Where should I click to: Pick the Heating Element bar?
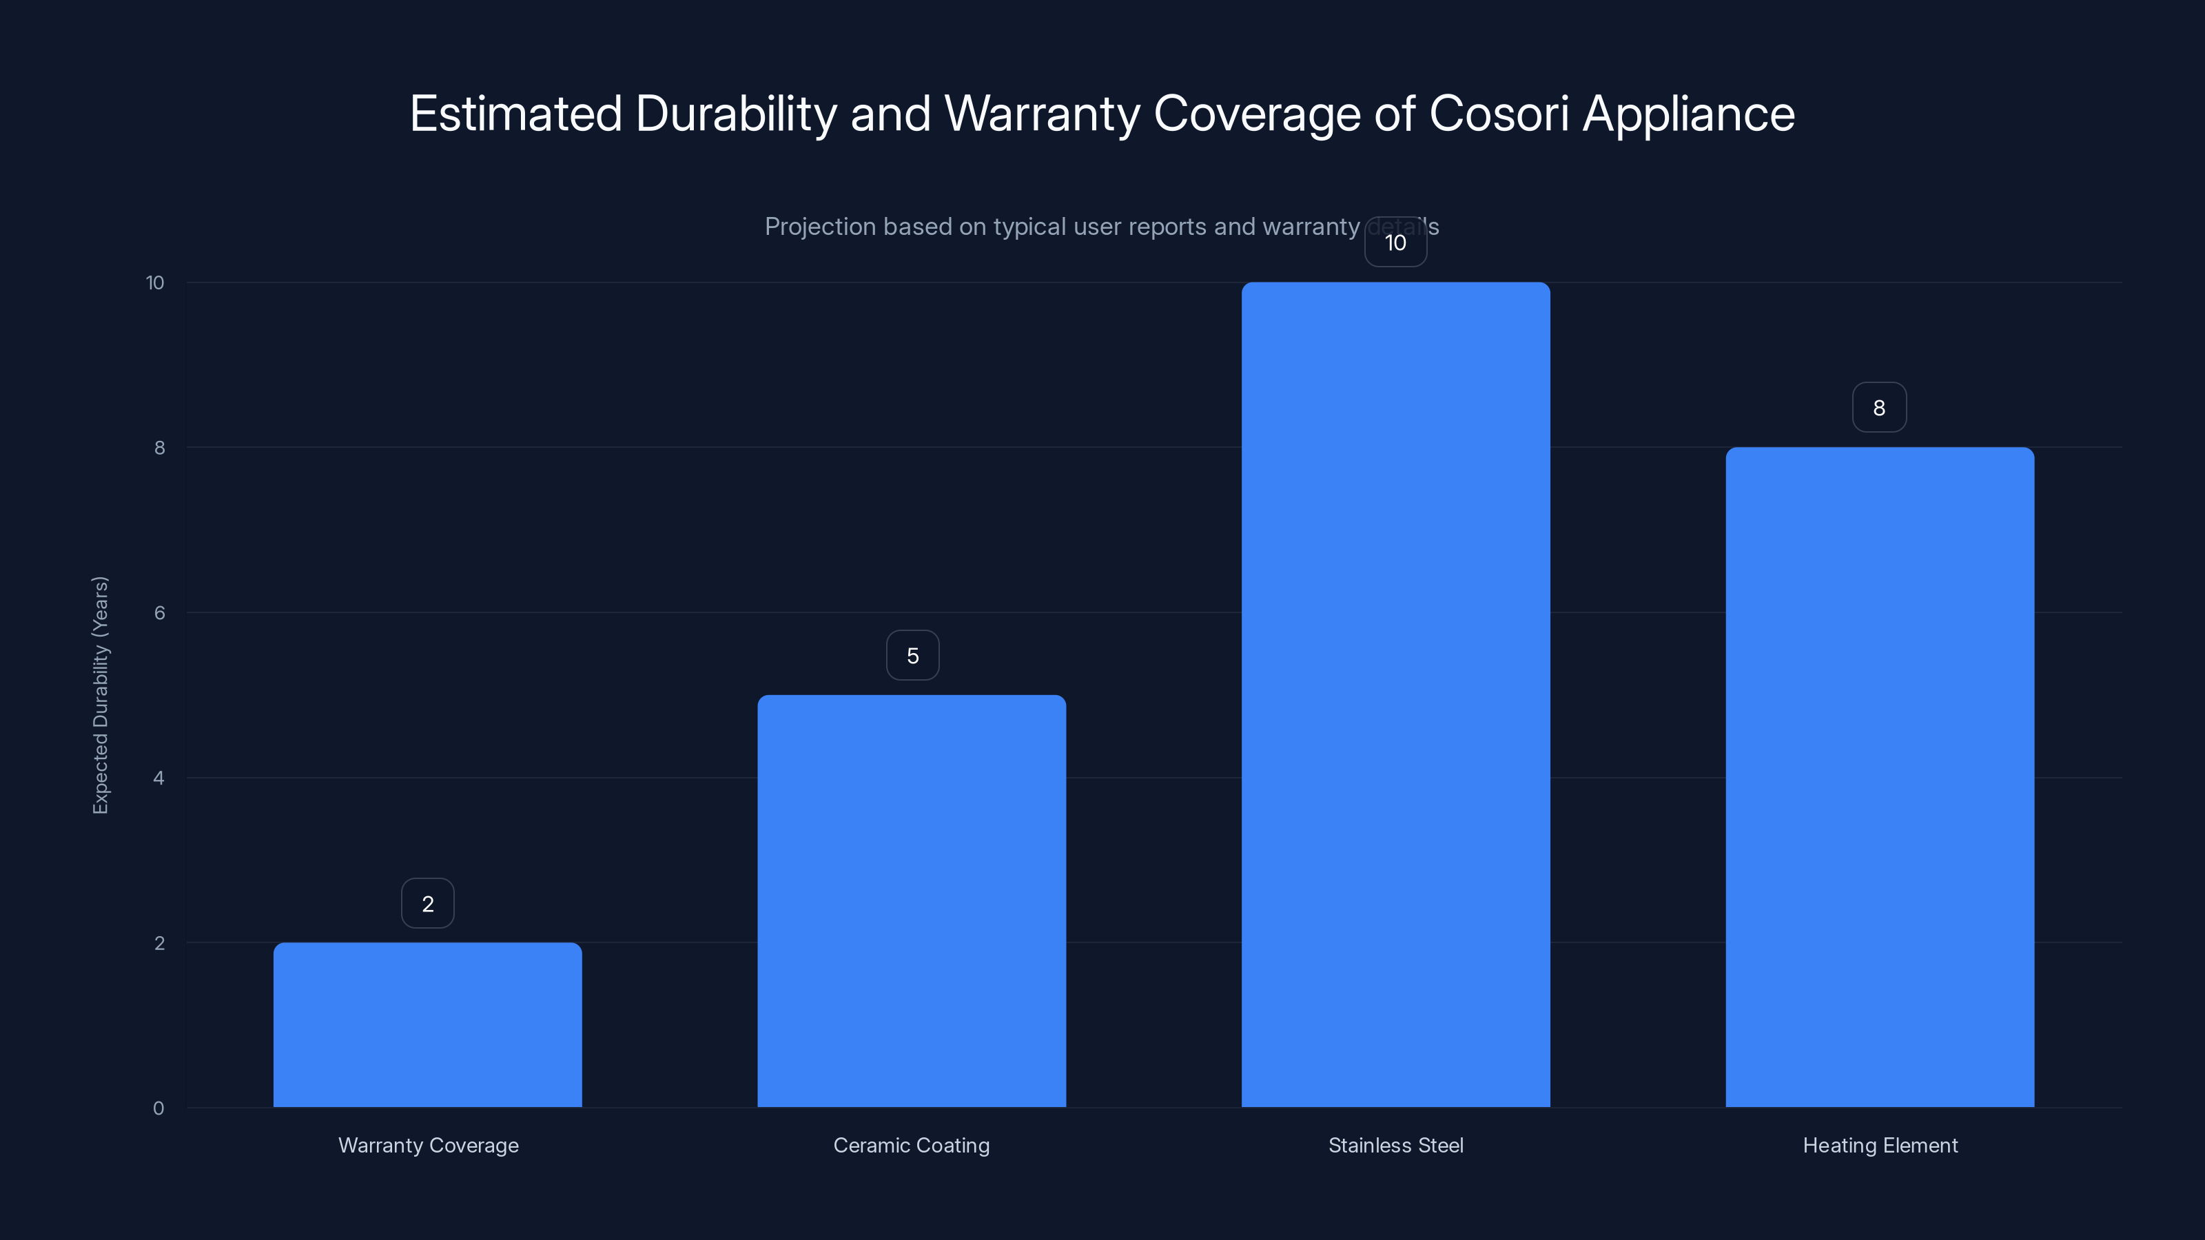(1879, 776)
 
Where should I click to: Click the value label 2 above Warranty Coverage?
(427, 904)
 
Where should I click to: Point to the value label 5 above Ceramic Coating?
(912, 656)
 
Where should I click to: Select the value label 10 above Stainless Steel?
(1395, 243)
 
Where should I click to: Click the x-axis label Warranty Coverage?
(428, 1145)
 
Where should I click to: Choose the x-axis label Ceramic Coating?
(912, 1145)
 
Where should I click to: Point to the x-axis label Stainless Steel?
(1395, 1145)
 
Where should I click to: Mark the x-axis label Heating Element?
(1880, 1145)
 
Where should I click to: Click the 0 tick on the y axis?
(158, 1108)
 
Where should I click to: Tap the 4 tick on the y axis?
(158, 778)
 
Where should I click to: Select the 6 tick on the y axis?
(159, 612)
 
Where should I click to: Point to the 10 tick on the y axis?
(155, 282)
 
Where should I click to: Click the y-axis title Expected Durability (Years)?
(100, 695)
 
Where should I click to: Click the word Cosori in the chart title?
(1498, 114)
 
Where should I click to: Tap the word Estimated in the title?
(515, 114)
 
